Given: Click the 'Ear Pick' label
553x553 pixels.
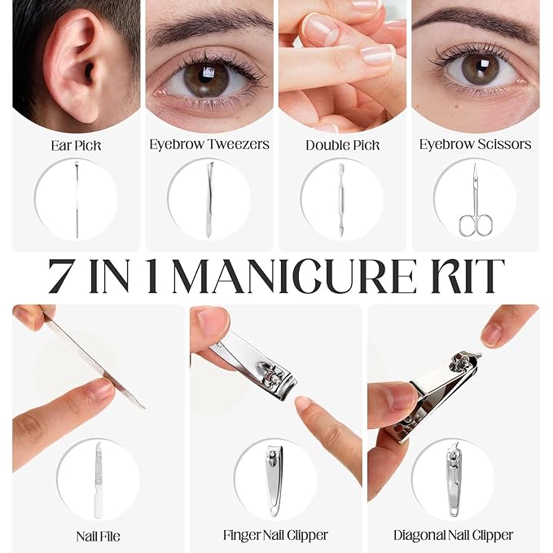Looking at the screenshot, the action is click(76, 146).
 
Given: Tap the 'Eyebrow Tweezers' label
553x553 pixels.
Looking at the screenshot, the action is click(209, 144).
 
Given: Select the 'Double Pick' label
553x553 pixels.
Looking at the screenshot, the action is click(342, 145).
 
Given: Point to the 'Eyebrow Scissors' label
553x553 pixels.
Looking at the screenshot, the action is click(475, 144).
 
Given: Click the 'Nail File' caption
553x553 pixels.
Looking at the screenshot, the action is click(98, 537).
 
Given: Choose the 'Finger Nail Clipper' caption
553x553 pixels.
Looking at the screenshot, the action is click(275, 535).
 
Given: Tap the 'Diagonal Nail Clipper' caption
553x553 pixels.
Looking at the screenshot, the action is click(453, 535).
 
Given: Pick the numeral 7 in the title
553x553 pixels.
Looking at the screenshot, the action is click(61, 276).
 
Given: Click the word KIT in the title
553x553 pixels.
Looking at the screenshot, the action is click(467, 276).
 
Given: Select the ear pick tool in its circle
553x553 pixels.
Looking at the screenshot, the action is click(77, 200).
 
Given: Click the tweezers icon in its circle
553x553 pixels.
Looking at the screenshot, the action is click(209, 200).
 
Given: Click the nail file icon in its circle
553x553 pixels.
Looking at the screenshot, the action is click(99, 481).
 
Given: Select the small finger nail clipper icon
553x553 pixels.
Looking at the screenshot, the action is click(274, 481).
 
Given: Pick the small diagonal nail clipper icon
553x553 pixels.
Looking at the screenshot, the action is click(454, 480).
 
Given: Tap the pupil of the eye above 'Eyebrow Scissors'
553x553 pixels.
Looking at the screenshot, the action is click(480, 66).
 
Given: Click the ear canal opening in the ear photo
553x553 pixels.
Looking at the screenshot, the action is click(89, 72).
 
